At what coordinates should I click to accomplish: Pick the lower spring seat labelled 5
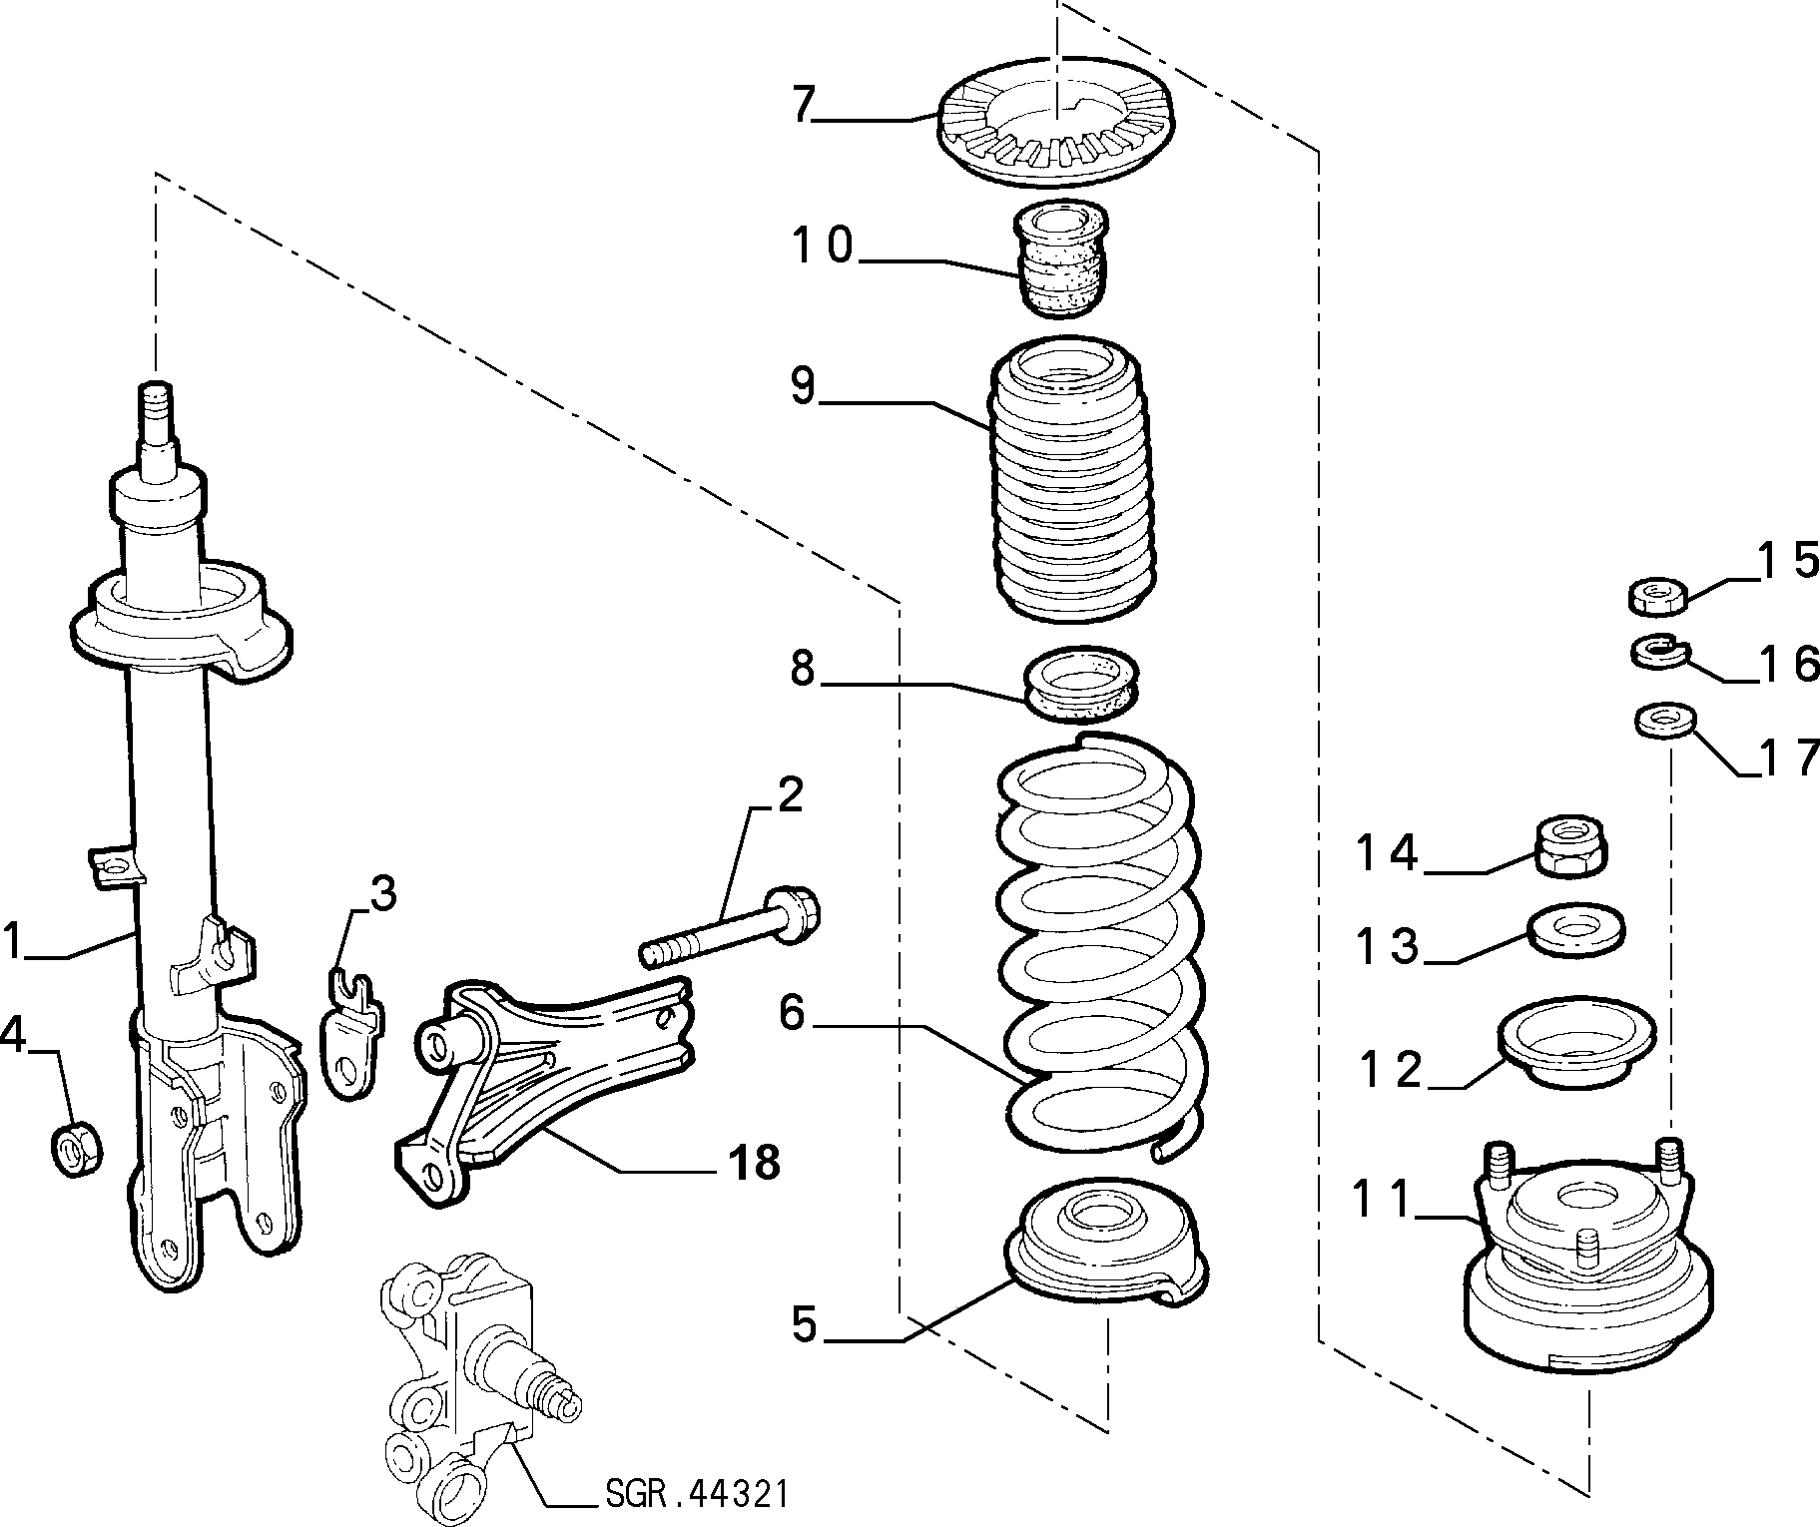click(x=1106, y=1242)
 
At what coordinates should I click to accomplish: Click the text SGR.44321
click(x=696, y=1494)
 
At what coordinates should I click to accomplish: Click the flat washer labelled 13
click(x=1575, y=930)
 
